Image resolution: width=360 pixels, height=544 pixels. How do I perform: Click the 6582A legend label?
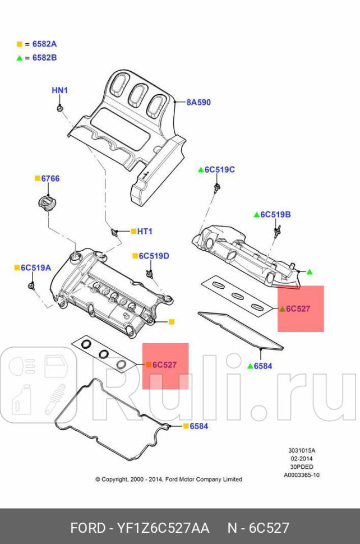click(x=44, y=44)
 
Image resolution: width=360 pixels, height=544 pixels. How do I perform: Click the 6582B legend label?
click(x=44, y=57)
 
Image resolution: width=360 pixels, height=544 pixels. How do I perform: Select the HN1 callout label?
click(x=59, y=90)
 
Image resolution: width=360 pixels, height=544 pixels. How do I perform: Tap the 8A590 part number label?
click(x=199, y=102)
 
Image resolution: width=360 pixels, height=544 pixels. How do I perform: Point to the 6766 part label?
click(x=50, y=178)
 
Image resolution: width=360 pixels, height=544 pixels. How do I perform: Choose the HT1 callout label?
click(x=145, y=231)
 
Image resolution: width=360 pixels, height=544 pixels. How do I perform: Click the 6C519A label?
click(x=36, y=268)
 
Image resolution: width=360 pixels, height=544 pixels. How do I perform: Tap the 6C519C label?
click(x=219, y=169)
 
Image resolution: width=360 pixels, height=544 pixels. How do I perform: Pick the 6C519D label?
click(x=154, y=256)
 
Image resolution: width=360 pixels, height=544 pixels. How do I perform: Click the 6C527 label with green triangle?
click(x=298, y=308)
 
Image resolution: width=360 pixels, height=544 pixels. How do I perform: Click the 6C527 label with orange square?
click(x=165, y=365)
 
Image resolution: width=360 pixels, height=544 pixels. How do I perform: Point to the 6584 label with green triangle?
click(x=262, y=366)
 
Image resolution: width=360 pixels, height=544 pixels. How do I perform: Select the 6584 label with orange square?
click(x=199, y=426)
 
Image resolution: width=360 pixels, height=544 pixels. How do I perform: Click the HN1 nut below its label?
click(x=60, y=108)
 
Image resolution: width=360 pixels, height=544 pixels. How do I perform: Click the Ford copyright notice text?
click(x=168, y=479)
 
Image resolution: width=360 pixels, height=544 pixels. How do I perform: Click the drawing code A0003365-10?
click(x=302, y=475)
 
